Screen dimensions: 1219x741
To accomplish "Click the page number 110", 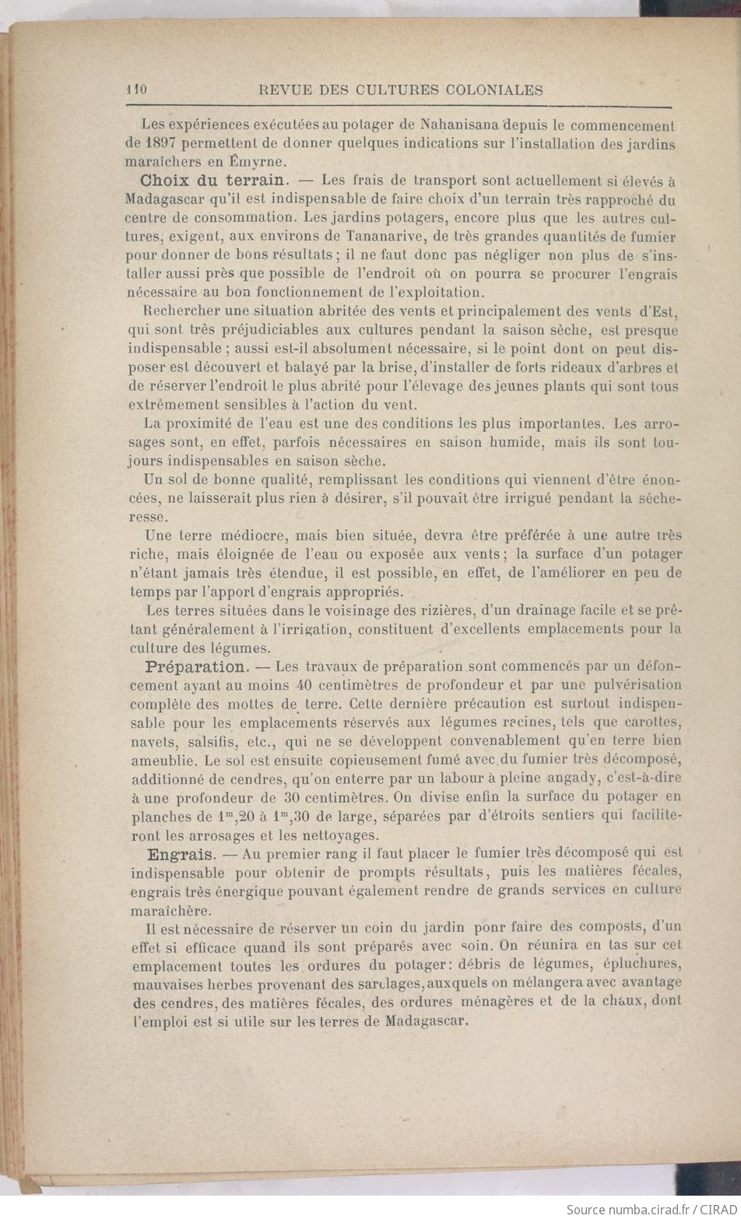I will click(137, 90).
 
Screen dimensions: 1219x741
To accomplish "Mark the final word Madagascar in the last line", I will click(427, 1021).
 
